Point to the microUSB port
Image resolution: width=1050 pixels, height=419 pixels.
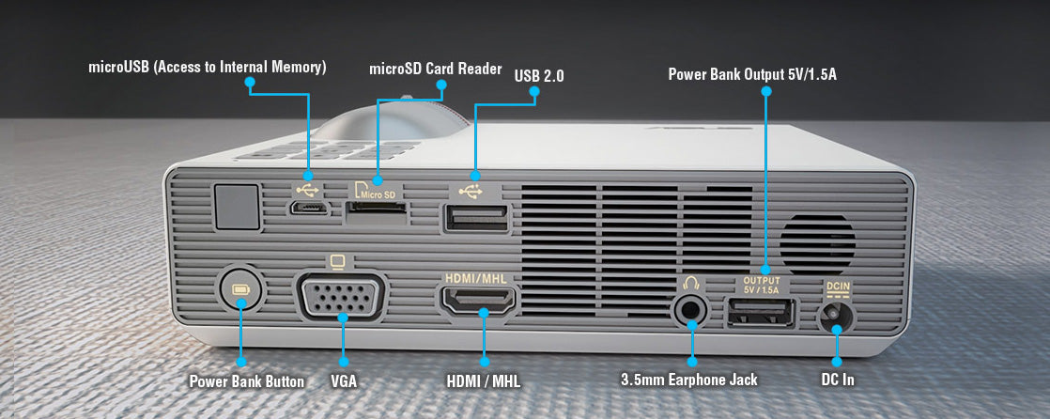click(x=309, y=208)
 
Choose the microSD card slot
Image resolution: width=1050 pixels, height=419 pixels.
click(x=376, y=214)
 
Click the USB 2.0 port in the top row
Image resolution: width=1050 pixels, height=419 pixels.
click(x=475, y=219)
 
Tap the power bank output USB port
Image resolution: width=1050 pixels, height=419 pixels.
click(x=762, y=313)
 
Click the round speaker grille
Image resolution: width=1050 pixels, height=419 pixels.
click(x=817, y=244)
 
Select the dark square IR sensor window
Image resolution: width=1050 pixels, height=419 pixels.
click(x=237, y=207)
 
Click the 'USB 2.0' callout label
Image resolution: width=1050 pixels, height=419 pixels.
click(x=539, y=76)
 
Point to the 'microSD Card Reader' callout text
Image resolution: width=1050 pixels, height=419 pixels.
click(x=435, y=69)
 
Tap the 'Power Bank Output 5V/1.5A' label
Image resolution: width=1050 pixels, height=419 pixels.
click(x=752, y=74)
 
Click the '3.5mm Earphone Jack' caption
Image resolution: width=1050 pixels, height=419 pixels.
click(x=689, y=380)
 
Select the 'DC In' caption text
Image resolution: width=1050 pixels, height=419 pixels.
click(x=838, y=380)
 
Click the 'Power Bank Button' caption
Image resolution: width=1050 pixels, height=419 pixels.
click(x=246, y=381)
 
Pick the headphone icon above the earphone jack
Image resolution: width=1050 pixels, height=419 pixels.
click(x=691, y=283)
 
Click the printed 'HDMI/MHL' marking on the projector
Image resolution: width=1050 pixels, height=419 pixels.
click(x=477, y=278)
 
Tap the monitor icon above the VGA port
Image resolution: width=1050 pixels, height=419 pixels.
click(x=338, y=262)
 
